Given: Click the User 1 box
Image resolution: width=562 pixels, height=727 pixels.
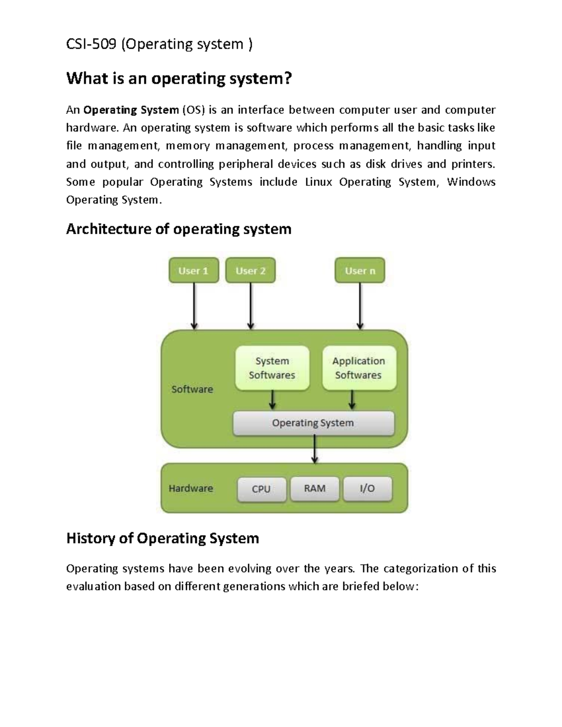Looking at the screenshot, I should [193, 271].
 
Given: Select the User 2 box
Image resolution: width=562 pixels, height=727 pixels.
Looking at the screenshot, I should [251, 271].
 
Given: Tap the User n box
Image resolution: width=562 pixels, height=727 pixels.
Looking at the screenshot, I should [360, 271].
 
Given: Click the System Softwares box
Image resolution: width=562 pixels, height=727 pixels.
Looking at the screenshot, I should [272, 368].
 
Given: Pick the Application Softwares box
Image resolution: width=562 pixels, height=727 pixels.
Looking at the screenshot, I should [359, 368].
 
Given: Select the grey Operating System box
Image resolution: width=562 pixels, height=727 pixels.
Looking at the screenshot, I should [313, 423].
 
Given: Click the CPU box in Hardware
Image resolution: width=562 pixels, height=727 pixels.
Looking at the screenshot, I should [261, 489].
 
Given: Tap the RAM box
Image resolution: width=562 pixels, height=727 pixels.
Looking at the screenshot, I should [315, 489].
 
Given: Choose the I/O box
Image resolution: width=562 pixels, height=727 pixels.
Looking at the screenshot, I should [368, 489].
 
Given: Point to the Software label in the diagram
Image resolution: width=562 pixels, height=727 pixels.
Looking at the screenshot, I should [192, 389].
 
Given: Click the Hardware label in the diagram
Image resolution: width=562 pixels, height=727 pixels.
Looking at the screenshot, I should [191, 488].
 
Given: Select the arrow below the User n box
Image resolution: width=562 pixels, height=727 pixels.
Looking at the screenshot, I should [360, 307].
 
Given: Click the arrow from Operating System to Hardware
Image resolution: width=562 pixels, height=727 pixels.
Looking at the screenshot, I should [315, 449].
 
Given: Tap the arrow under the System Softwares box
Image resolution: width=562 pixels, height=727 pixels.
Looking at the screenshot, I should [273, 401].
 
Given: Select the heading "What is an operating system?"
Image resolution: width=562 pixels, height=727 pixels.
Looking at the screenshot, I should [179, 78].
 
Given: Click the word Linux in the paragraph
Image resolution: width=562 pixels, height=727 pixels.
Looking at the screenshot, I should [318, 182].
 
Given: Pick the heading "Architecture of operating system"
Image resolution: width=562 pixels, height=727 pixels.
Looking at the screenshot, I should [179, 229].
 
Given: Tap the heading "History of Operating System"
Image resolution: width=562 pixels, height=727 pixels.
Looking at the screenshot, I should [163, 538].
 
